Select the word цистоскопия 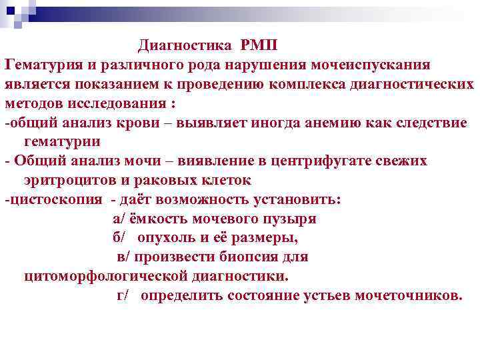point(57,199)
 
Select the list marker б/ point(119,238)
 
